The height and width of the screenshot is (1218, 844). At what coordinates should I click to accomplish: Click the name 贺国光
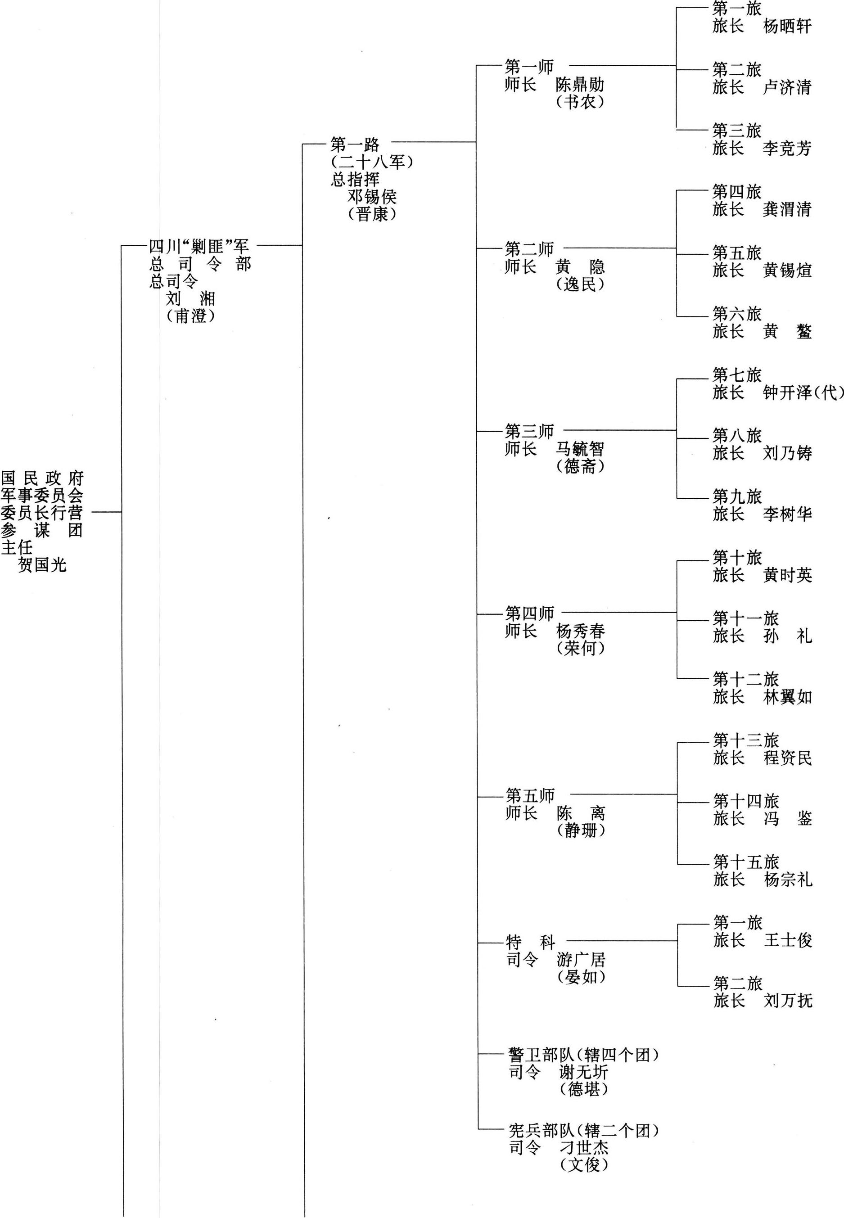42,565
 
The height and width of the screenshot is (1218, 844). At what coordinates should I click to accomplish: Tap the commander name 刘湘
190,299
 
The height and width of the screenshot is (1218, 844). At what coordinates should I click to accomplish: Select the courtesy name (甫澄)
190,316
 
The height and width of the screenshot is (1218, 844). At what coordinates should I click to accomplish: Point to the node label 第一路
355,144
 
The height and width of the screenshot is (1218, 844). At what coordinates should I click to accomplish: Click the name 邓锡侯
372,197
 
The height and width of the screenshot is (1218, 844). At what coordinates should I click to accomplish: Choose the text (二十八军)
372,162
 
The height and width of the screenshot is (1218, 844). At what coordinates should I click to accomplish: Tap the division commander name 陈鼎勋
580,85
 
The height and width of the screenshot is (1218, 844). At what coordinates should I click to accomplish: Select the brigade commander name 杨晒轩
787,26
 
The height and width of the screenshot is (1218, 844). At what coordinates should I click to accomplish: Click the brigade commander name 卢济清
787,87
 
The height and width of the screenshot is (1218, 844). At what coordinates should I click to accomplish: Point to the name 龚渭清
787,209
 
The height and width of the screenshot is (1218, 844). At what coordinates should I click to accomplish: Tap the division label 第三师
529,431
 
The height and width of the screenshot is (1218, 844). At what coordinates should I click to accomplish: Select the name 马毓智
580,449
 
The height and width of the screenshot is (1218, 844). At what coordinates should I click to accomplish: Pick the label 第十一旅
745,618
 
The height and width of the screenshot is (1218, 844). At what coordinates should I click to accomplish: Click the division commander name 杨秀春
581,631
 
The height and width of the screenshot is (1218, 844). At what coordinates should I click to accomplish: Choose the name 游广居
581,960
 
